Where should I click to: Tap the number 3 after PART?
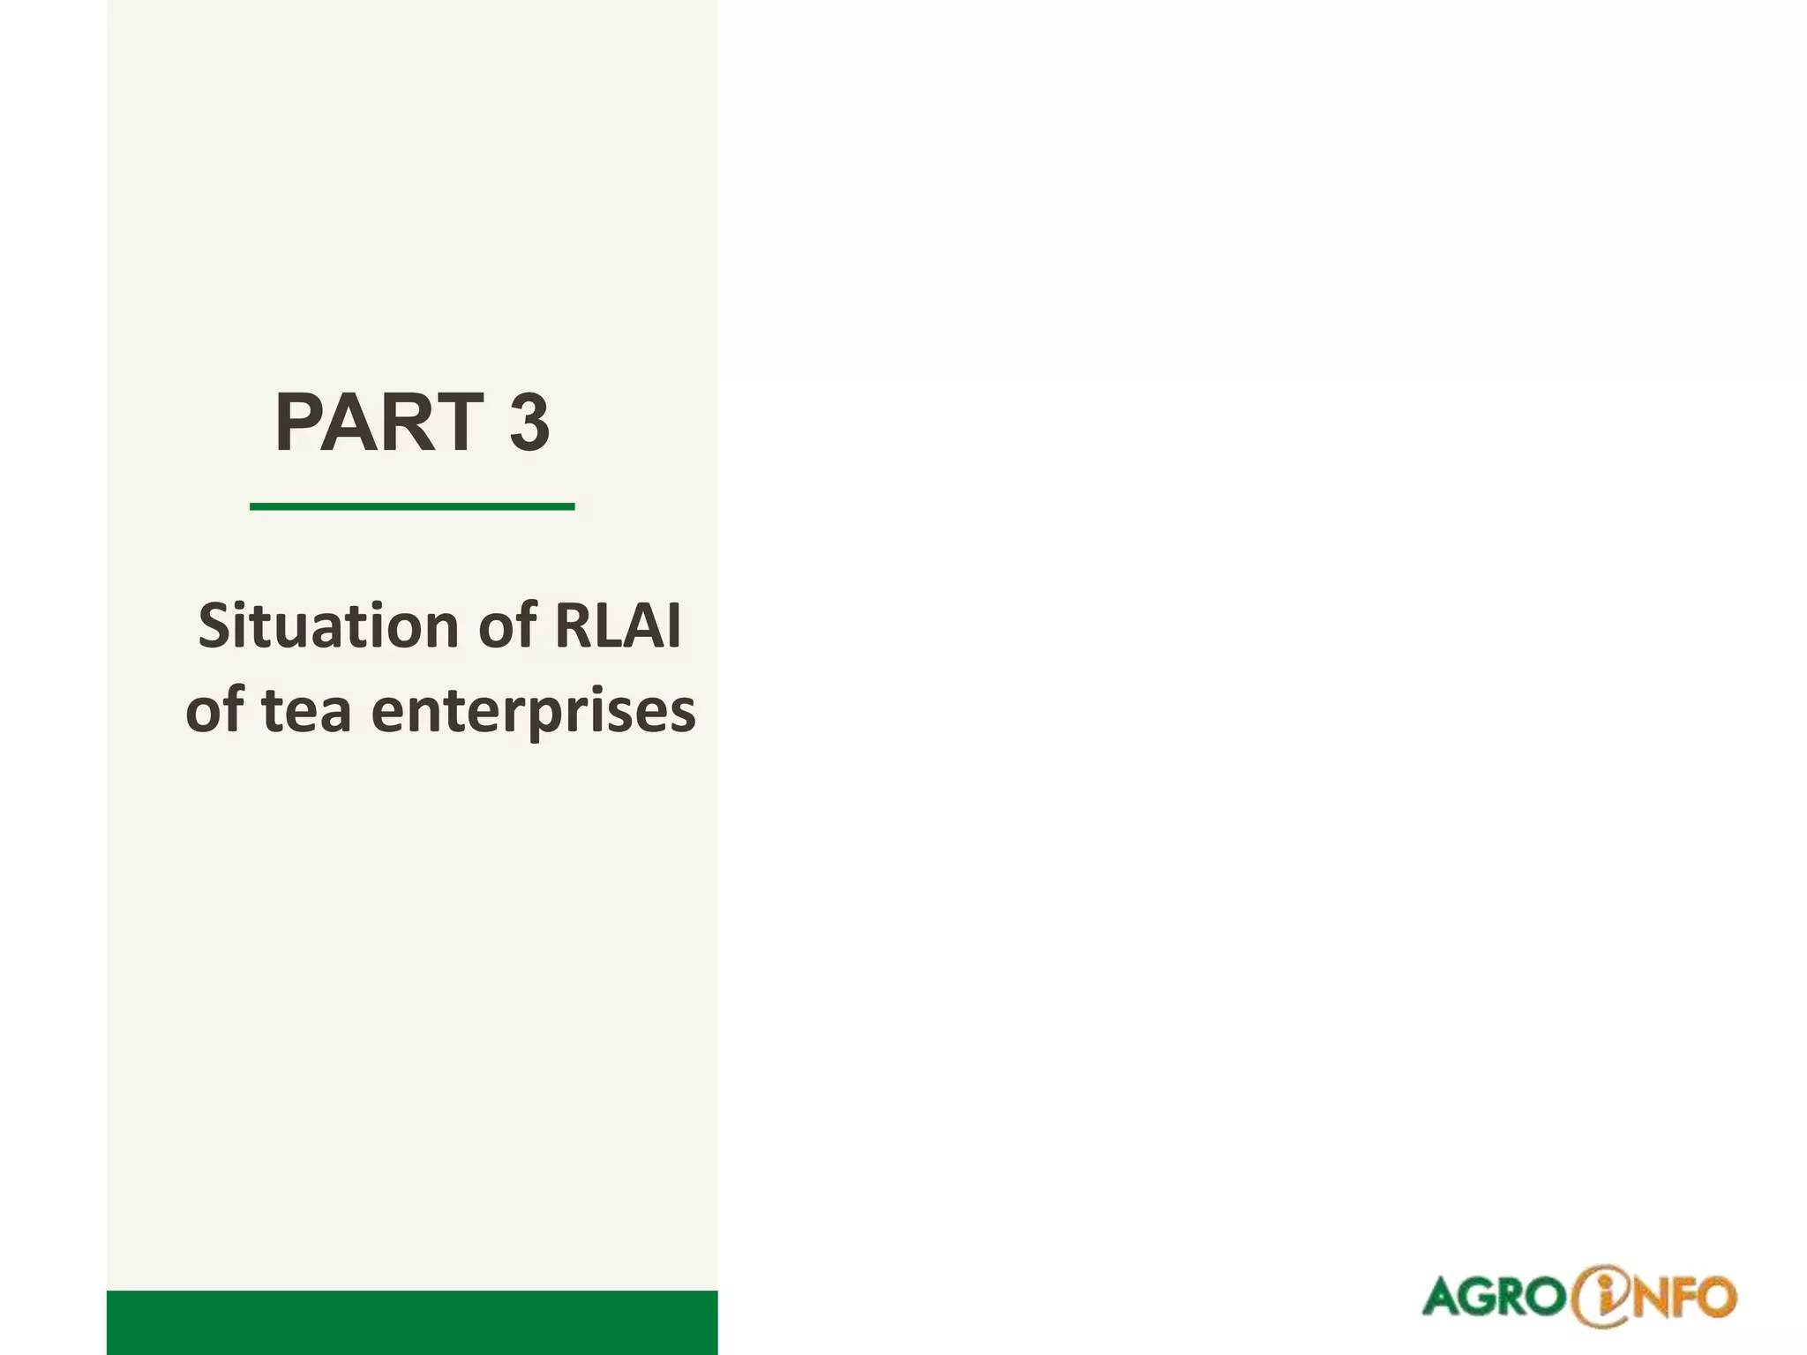click(529, 423)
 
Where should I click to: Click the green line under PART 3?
click(412, 506)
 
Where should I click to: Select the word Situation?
click(329, 627)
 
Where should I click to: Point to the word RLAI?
click(618, 627)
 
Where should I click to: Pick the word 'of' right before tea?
click(216, 711)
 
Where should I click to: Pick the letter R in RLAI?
click(570, 627)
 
